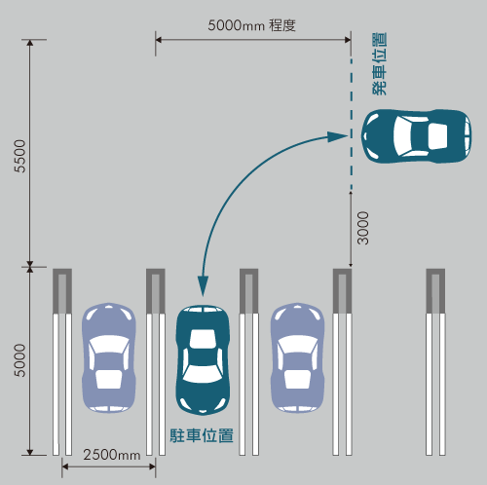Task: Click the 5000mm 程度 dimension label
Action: coord(251,25)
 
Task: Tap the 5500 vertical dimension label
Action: coord(19,156)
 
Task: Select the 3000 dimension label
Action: coord(363,228)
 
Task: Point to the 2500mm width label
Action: coord(112,455)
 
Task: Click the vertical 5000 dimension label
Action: coord(19,360)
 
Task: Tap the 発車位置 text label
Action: coord(379,63)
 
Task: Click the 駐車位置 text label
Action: coord(202,435)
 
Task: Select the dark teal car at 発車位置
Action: coord(417,136)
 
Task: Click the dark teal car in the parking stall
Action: coord(203,359)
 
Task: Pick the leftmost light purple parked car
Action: coord(109,357)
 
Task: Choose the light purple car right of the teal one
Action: coord(297,357)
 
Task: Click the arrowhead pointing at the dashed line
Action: coord(337,136)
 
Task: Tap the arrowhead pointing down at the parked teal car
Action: coord(204,286)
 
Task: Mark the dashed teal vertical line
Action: coord(352,124)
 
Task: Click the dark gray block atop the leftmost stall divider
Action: coord(62,291)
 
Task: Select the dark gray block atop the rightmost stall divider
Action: coord(435,291)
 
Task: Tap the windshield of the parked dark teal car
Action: coord(203,374)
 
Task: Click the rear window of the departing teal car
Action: coord(438,136)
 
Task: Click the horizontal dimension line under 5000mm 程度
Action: coord(253,40)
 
